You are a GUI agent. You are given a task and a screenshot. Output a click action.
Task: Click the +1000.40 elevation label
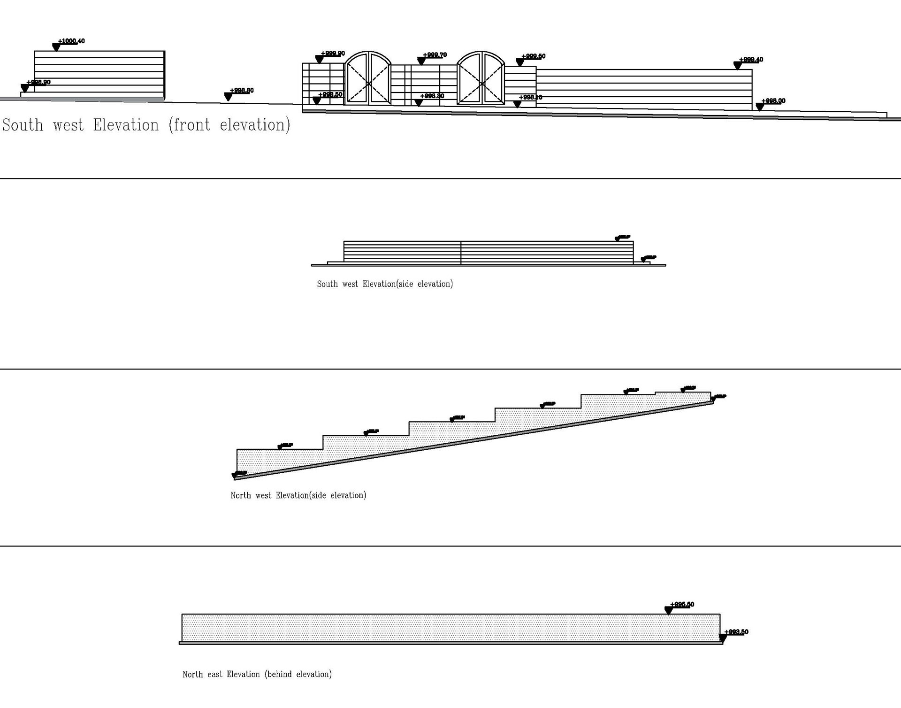coord(71,41)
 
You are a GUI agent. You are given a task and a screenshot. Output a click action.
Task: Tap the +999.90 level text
coord(333,54)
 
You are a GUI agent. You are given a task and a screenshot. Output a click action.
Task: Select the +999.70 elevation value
coord(435,55)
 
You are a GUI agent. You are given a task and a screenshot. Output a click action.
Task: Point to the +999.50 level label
coord(533,56)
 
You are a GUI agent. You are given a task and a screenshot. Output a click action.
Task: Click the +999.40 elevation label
coord(751,60)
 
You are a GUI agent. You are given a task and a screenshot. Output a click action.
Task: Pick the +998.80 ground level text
coord(242,91)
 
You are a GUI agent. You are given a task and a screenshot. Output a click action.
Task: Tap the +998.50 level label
coord(330,95)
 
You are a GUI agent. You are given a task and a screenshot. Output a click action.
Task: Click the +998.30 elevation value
coord(432,96)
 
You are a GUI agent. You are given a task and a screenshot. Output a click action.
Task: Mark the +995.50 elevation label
coord(682,605)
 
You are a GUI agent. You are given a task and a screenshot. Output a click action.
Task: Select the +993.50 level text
coord(736,632)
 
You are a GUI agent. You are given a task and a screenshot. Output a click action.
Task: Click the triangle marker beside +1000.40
coord(56,47)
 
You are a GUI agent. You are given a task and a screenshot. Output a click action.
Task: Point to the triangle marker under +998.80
coord(229,97)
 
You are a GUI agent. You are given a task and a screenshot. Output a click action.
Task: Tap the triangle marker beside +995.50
coord(669,610)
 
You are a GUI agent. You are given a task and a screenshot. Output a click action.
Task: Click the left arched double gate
coord(368,78)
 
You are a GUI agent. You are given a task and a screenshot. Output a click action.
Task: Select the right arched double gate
coord(481,78)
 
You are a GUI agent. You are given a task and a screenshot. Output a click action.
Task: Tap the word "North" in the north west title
coord(240,495)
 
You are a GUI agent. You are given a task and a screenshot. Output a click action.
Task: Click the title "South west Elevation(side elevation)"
coord(385,284)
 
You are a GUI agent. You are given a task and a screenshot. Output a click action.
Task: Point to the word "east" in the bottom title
coord(215,675)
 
